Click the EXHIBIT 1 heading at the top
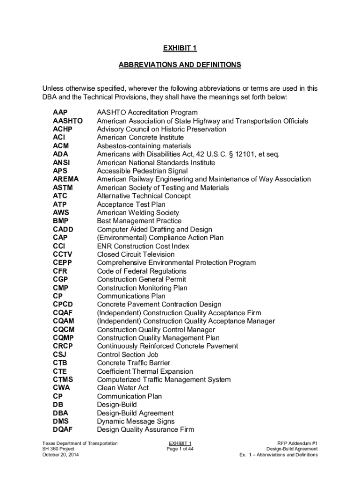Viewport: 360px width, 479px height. [x=180, y=48]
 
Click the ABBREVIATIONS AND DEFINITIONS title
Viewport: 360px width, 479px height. [x=180, y=65]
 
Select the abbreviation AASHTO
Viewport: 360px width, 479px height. [x=68, y=121]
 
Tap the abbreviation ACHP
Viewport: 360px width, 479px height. [x=63, y=129]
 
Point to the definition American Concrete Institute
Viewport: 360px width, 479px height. [x=140, y=138]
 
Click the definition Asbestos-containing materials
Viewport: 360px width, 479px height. [x=144, y=146]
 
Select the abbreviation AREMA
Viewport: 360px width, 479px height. [x=66, y=179]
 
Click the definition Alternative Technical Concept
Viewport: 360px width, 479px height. [x=144, y=196]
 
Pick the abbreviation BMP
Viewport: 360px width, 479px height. [x=61, y=221]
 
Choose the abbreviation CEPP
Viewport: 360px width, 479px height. [x=63, y=263]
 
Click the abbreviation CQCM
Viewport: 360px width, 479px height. [x=64, y=330]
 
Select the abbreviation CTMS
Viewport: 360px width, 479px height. [x=63, y=380]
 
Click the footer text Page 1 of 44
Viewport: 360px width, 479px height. [x=180, y=449]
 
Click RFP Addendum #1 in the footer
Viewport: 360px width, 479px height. [x=297, y=443]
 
